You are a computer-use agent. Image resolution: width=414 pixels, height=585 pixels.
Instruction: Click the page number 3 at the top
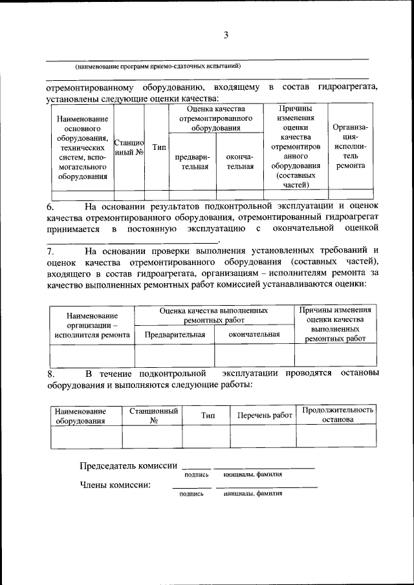click(226, 36)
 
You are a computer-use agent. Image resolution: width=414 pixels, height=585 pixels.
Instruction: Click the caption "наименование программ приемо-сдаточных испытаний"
click(158, 66)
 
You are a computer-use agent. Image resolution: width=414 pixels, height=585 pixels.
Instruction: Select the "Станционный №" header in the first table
click(129, 147)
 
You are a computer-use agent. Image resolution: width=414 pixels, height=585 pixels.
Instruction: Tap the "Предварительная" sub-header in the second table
click(175, 334)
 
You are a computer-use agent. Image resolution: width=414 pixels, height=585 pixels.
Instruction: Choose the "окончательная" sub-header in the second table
click(254, 334)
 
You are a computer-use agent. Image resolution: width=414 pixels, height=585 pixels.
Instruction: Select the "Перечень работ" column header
click(265, 416)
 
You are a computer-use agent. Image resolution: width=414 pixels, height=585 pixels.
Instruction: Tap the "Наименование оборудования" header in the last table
click(80, 416)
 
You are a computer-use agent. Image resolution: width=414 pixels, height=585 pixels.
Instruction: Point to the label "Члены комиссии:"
click(115, 484)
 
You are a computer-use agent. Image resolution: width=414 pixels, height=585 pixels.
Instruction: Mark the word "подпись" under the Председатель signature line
click(197, 475)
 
